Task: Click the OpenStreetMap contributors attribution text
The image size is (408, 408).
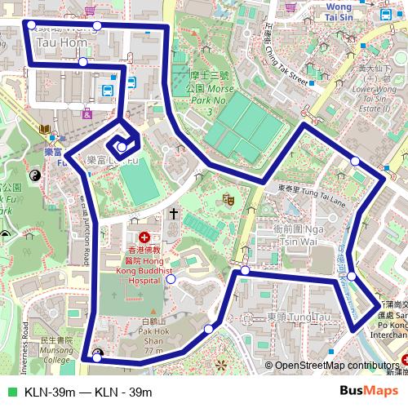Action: pyautogui.click(x=334, y=366)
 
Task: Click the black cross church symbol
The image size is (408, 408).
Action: pyautogui.click(x=173, y=214)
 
